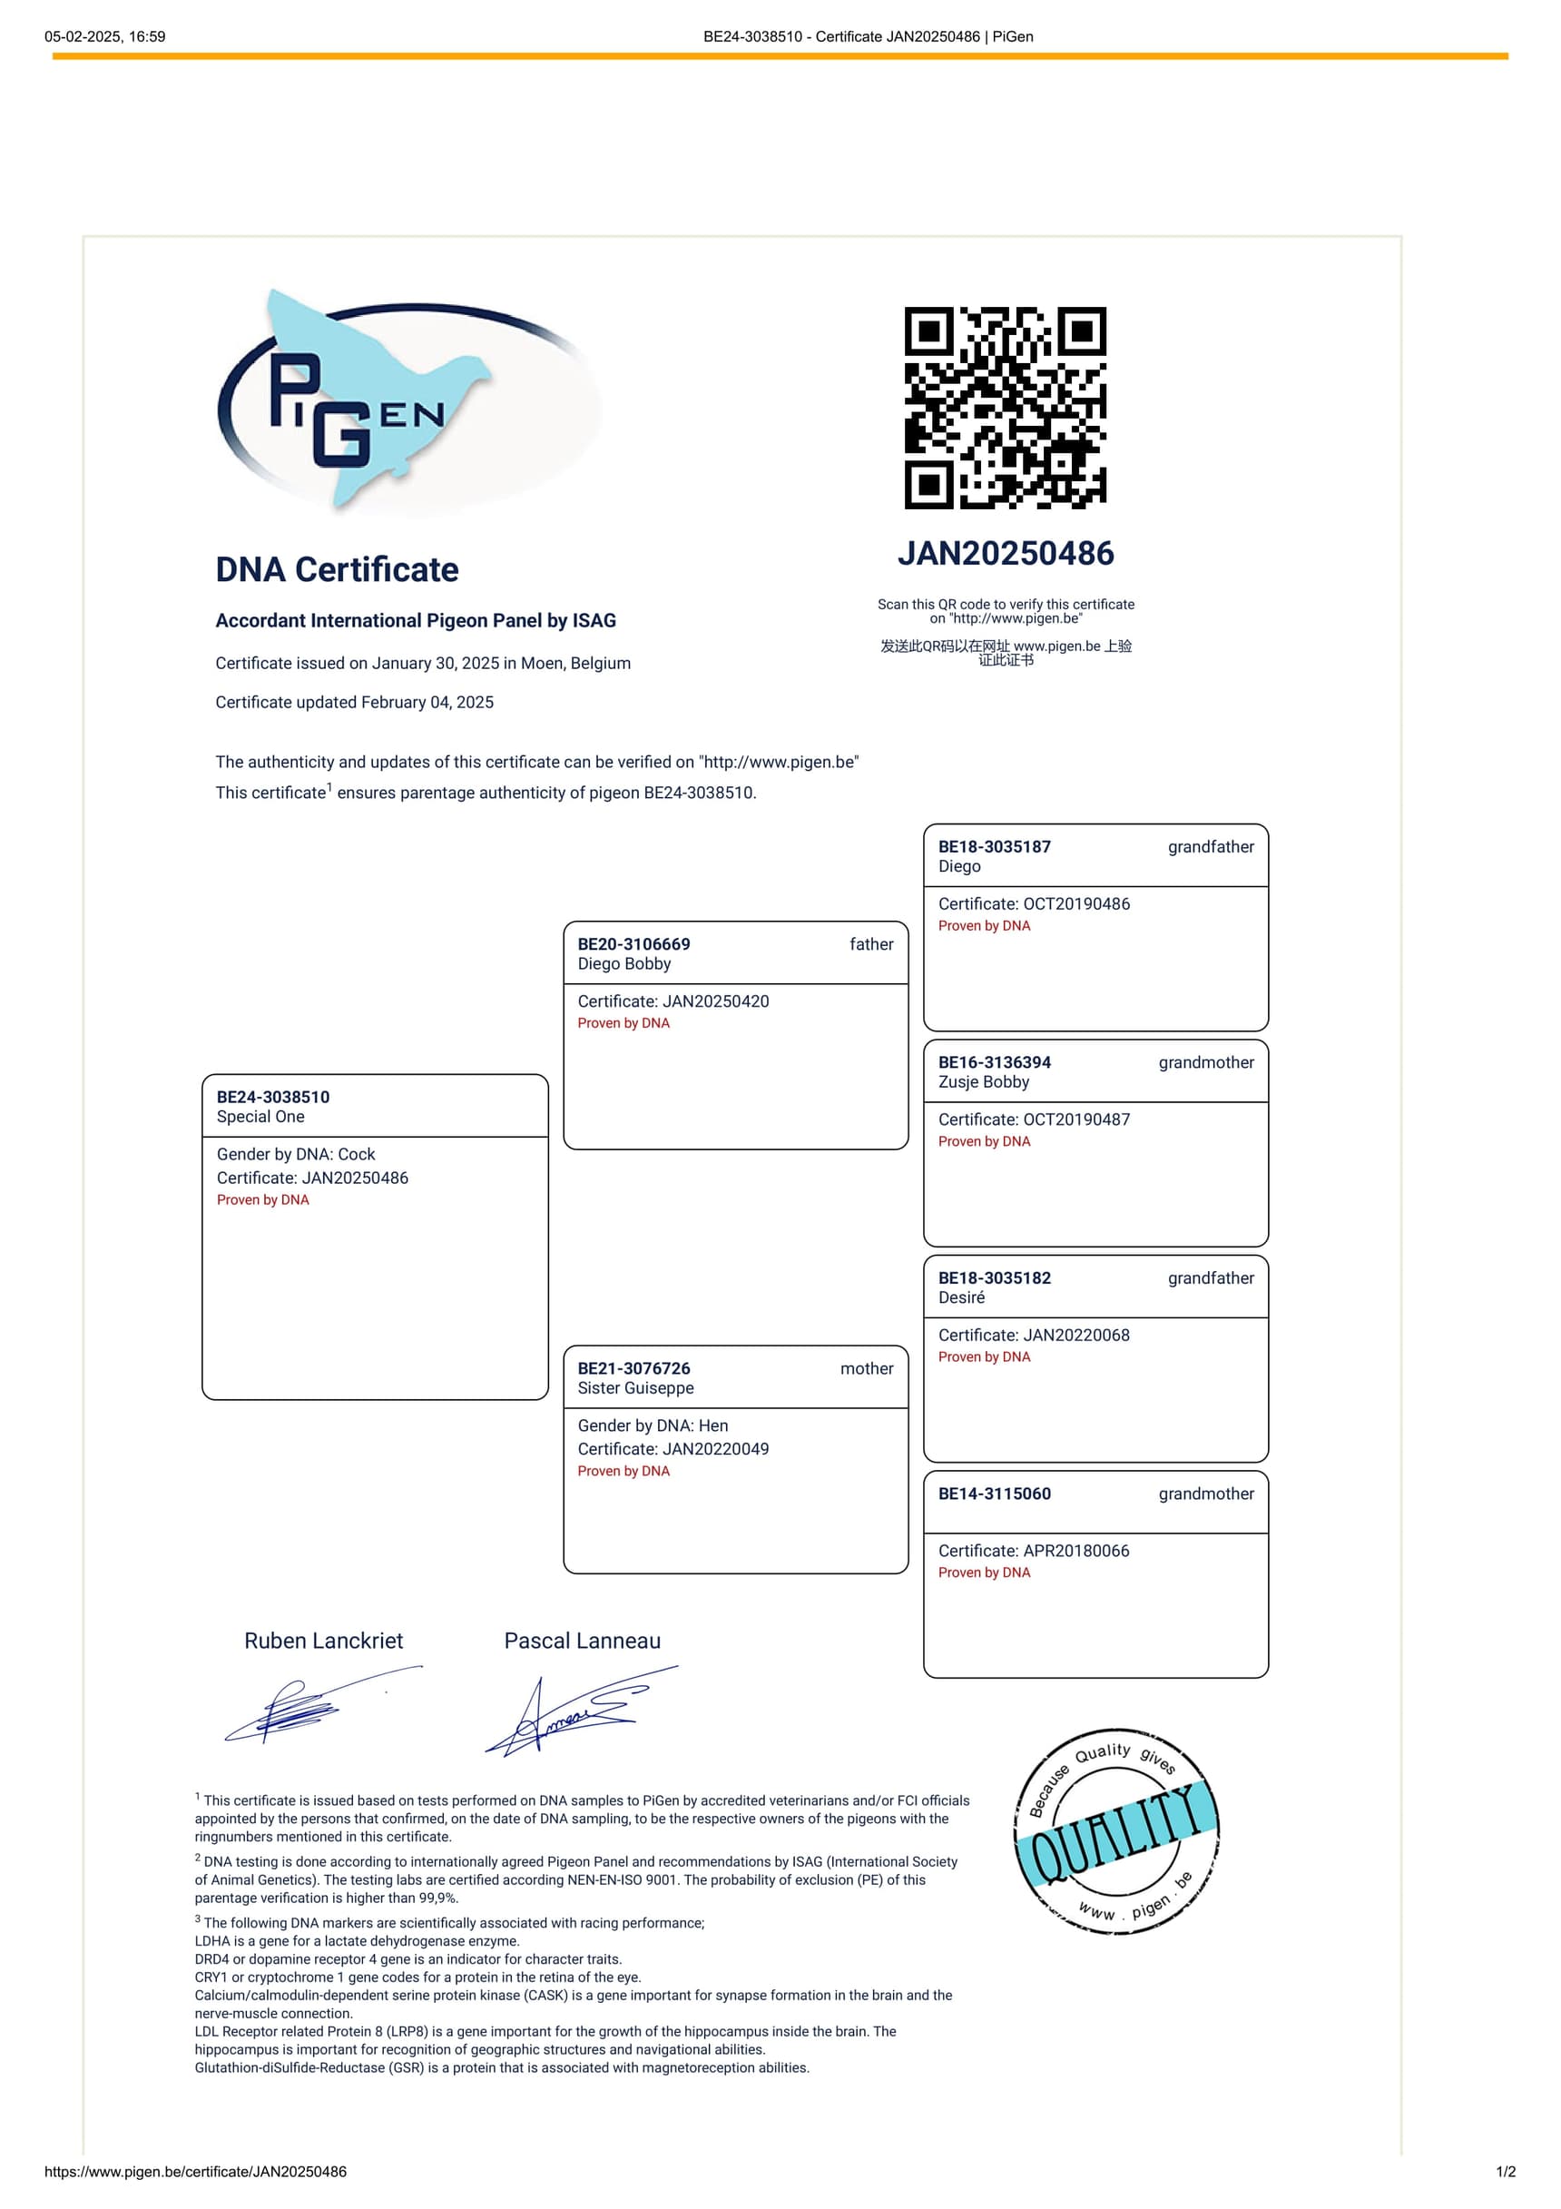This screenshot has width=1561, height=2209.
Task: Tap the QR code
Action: [1005, 408]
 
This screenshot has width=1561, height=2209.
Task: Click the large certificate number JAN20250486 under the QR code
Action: [1005, 553]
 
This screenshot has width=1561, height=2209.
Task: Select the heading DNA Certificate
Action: [337, 569]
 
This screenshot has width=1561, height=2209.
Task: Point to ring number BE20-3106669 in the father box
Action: [633, 944]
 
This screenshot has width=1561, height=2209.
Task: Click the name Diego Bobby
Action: [624, 964]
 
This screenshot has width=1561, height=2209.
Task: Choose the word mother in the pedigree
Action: [866, 1368]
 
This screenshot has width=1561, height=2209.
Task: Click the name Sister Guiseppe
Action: [634, 1388]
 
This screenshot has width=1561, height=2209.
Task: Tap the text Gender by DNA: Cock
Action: [295, 1154]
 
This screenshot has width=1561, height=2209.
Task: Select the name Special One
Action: [260, 1116]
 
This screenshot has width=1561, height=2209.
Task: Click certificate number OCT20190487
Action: [1076, 1119]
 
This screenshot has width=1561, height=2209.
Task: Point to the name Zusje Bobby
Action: [983, 1081]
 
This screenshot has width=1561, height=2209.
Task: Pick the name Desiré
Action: [961, 1297]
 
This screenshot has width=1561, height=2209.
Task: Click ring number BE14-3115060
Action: [994, 1494]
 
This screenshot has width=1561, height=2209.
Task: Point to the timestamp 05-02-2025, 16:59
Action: [105, 36]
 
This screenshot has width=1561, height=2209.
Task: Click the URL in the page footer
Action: [195, 2172]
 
